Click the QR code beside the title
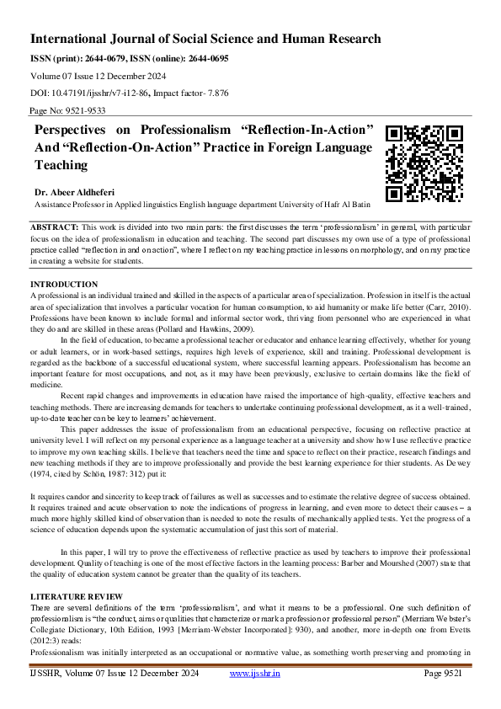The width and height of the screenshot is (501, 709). [x=424, y=163]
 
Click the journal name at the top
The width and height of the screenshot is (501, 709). [x=205, y=39]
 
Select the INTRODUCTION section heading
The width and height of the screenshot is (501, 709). [x=64, y=285]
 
